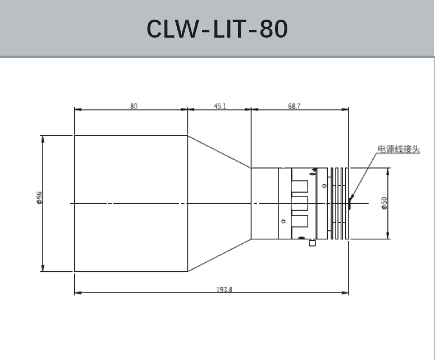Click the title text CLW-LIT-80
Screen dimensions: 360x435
point(217,29)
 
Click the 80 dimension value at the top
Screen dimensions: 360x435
point(134,106)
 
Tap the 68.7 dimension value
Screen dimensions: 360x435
point(294,106)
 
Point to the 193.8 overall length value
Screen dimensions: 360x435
point(225,289)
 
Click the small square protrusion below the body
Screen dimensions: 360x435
point(312,243)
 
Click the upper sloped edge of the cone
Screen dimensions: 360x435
point(219,151)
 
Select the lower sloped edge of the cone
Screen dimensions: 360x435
point(219,256)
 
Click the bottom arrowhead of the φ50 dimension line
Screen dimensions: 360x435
point(387,236)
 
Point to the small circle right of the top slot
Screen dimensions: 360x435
point(324,186)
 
